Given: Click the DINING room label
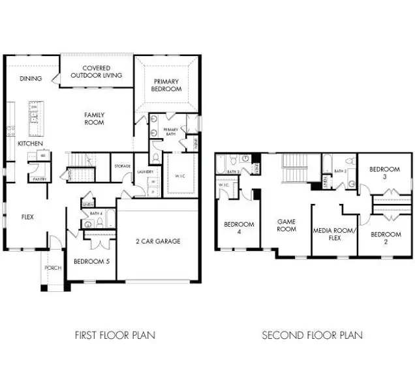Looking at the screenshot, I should click(x=31, y=79).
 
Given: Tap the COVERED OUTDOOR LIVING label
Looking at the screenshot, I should click(x=96, y=72).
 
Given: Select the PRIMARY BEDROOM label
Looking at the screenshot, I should click(x=167, y=85).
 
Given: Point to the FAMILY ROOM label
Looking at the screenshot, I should click(x=94, y=119).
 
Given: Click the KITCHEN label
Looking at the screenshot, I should click(x=30, y=143).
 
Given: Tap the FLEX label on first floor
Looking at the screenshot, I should click(x=27, y=218).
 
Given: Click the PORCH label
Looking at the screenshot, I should click(x=53, y=268).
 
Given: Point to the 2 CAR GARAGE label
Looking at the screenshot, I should click(x=159, y=241).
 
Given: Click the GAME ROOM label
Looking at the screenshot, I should click(x=286, y=225).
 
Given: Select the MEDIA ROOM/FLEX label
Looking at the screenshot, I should click(x=333, y=235).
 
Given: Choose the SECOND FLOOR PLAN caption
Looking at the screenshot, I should click(x=312, y=336).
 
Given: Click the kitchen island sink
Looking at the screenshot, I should click(x=33, y=118).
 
